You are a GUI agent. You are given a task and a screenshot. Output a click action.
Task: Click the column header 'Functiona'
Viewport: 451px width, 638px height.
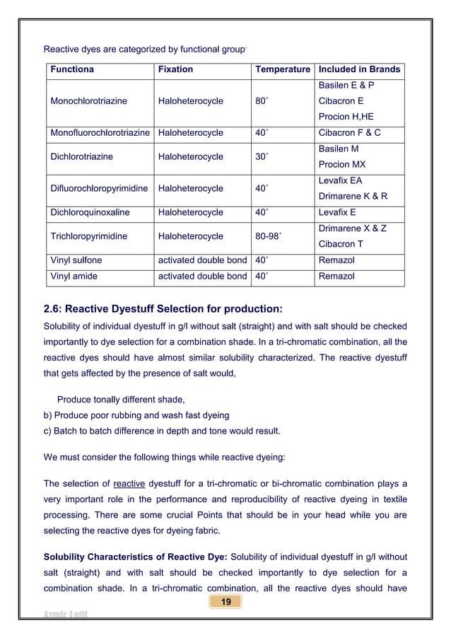click(72, 69)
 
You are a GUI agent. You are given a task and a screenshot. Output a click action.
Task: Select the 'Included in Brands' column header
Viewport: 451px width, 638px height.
click(359, 69)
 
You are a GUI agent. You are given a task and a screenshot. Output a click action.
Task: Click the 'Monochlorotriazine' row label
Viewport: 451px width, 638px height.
click(89, 101)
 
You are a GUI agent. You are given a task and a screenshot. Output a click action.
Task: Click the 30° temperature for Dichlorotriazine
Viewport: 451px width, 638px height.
click(261, 156)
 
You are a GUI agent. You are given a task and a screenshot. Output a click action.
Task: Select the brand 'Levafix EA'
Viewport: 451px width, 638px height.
click(341, 181)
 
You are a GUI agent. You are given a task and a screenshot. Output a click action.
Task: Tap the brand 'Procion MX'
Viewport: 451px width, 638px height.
click(343, 164)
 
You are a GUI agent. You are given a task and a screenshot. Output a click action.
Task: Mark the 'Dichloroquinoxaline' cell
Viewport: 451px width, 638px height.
click(90, 212)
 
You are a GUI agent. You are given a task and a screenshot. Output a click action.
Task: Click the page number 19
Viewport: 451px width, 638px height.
click(226, 601)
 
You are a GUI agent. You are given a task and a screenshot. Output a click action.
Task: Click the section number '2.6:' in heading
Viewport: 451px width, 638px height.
click(56, 308)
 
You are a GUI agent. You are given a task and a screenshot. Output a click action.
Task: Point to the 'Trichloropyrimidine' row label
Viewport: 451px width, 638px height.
click(89, 236)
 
